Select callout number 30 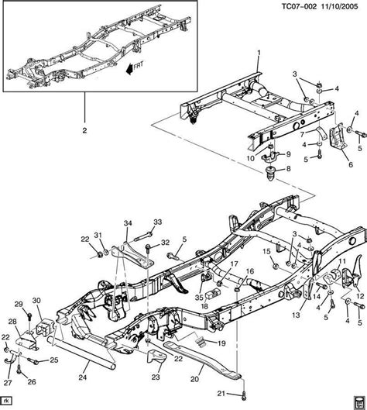tap(37, 301)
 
